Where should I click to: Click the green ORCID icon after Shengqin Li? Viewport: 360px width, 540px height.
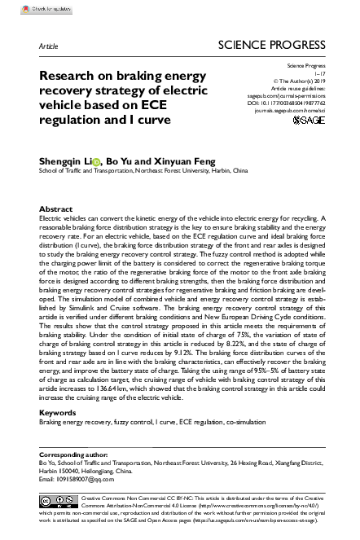pos(99,161)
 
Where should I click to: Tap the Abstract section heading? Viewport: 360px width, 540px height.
pos(56,209)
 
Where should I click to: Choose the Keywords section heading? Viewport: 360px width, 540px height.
pos(58,413)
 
